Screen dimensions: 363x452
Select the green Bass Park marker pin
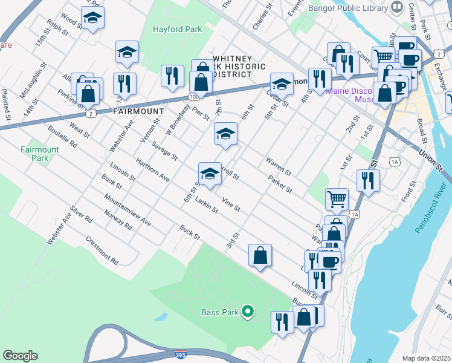tap(247, 312)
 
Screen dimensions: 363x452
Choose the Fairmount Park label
tap(40, 154)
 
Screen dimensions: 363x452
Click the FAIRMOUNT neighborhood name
tap(138, 112)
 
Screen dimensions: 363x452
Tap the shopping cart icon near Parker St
tap(337, 198)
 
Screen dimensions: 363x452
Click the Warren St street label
tap(277, 164)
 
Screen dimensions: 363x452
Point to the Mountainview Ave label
tap(127, 210)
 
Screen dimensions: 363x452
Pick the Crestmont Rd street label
tap(102, 250)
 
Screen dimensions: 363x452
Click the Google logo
tap(20, 356)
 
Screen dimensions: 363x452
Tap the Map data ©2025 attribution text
tap(426, 358)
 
